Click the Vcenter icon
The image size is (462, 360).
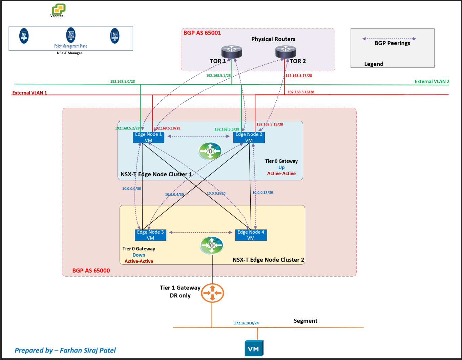click(58, 9)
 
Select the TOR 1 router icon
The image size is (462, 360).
click(232, 52)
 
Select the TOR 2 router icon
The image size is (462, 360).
click(286, 52)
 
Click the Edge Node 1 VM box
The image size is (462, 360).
click(148, 137)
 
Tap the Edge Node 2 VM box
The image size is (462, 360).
click(249, 137)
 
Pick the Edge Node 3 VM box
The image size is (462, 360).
click(150, 235)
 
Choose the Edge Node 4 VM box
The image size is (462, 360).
click(251, 235)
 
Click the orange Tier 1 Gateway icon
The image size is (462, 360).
click(212, 293)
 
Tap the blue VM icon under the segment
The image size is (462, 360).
click(254, 348)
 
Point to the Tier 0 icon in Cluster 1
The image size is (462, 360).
click(210, 151)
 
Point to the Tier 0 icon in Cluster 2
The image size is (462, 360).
click(211, 245)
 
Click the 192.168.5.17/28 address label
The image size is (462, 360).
click(299, 76)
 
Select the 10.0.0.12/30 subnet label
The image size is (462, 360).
click(262, 193)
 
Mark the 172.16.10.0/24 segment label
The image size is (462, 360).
click(246, 323)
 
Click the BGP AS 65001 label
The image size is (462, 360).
click(202, 33)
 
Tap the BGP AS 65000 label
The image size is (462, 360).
click(91, 271)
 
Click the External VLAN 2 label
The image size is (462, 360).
click(432, 81)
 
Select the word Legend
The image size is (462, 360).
click(374, 64)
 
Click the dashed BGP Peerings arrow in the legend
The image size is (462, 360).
click(389, 39)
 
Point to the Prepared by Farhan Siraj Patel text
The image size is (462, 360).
click(65, 350)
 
